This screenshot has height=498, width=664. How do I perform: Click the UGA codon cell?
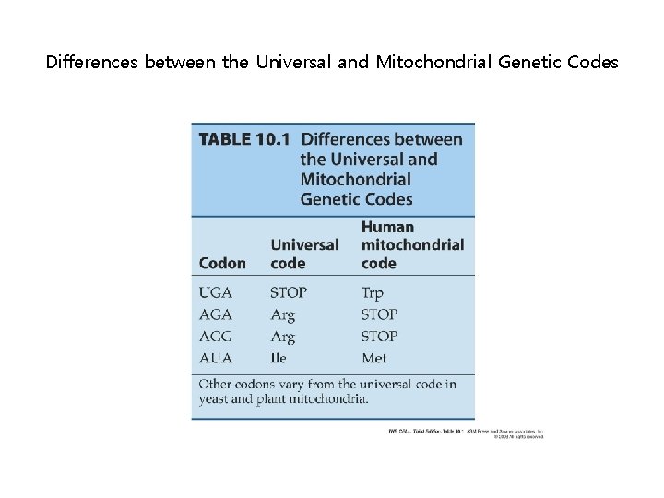(216, 292)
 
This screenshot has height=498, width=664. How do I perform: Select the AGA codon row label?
(216, 314)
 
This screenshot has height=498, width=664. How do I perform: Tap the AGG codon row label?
(216, 337)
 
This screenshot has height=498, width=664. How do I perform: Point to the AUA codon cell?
(216, 358)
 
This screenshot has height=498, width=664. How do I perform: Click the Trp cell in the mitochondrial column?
(372, 292)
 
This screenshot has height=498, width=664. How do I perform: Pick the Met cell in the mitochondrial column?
(373, 358)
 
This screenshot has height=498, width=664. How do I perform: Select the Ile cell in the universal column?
(279, 358)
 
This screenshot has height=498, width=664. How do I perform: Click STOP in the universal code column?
(289, 292)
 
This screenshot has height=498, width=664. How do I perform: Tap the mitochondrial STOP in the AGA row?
(379, 314)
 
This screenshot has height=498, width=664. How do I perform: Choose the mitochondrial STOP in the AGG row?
(379, 337)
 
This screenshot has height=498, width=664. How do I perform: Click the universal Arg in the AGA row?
(282, 314)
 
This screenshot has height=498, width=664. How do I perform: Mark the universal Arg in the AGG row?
(282, 337)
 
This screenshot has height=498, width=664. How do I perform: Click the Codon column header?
(222, 263)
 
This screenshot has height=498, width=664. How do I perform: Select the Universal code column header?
(304, 254)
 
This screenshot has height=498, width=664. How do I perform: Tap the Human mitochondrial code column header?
(412, 244)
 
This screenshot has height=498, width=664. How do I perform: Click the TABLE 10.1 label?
(243, 139)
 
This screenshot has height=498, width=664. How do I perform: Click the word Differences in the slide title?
(91, 63)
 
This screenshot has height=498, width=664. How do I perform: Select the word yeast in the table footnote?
(216, 399)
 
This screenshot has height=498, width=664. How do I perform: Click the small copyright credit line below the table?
(465, 433)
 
